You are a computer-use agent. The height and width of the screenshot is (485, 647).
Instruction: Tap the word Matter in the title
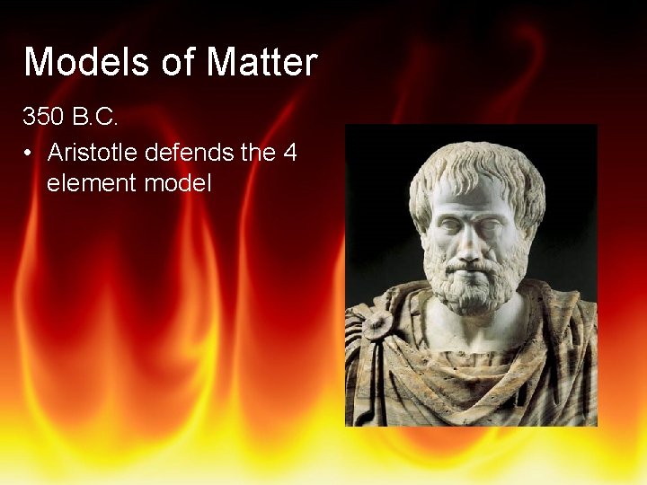point(262,62)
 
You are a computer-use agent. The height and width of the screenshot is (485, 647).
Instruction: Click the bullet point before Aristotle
point(31,153)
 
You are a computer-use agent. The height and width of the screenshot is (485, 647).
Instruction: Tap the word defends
point(191,153)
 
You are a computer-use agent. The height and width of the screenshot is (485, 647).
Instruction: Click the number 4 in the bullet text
point(289,153)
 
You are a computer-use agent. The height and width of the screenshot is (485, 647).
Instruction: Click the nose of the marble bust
point(468,237)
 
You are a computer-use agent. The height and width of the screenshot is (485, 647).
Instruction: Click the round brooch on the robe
point(376,325)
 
